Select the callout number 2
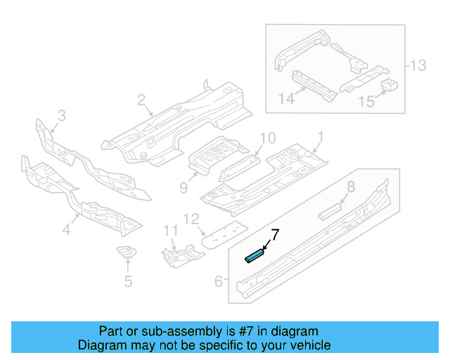point(141,101)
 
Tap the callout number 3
point(61,115)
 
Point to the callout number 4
point(67,229)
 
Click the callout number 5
point(127,283)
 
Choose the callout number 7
point(276,234)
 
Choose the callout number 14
point(285,99)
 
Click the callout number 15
point(366,102)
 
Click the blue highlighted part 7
point(254,255)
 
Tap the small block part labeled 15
point(389,86)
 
